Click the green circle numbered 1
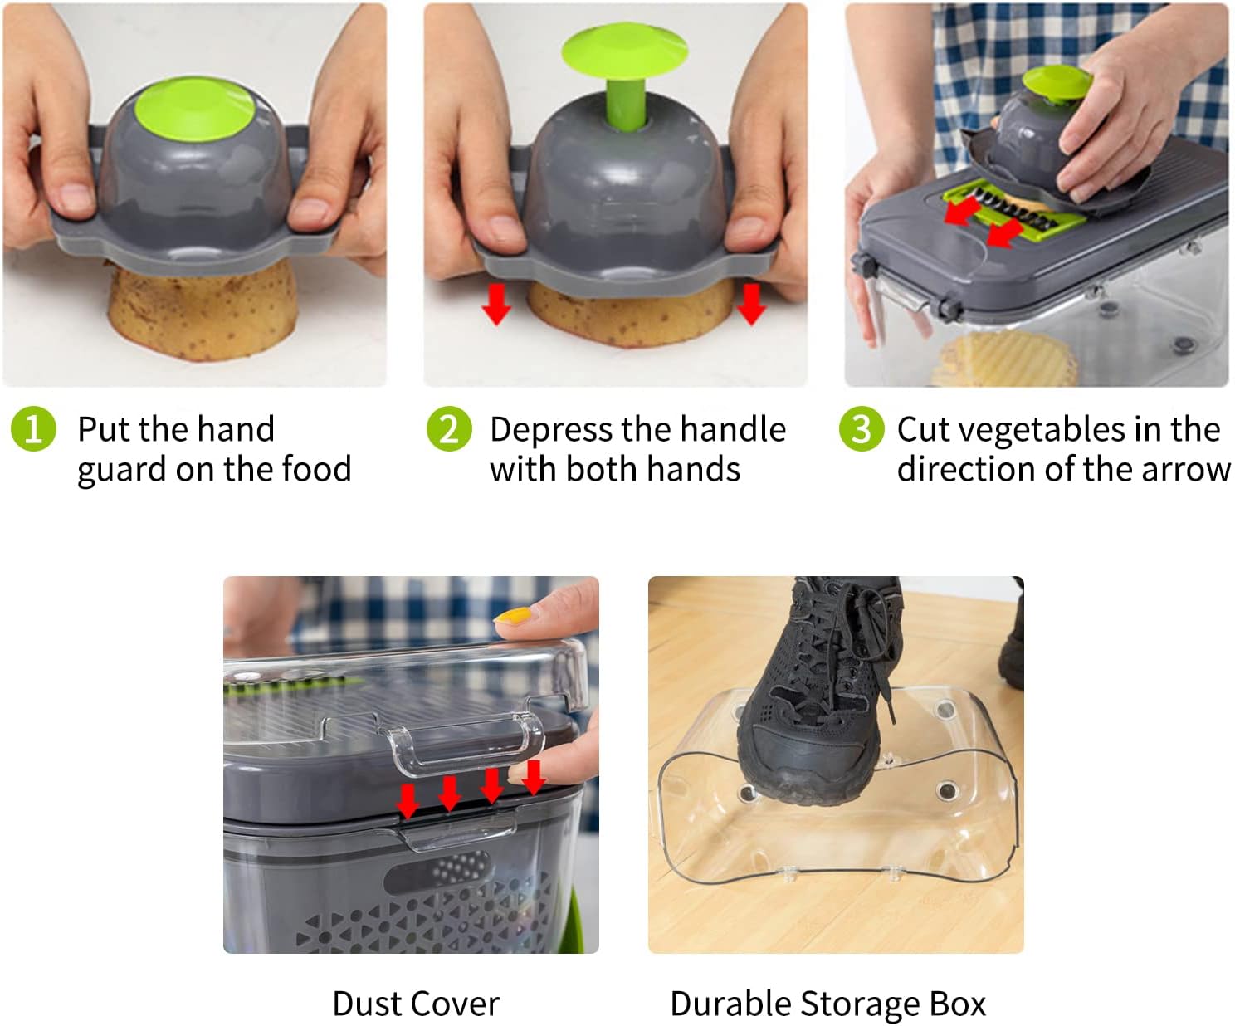[x=33, y=428]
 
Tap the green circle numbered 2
[x=449, y=428]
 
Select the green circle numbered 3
[x=862, y=428]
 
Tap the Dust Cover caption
[x=416, y=1004]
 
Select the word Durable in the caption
[x=731, y=1004]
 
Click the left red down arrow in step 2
[x=496, y=304]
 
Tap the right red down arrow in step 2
[x=751, y=304]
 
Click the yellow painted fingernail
[x=513, y=617]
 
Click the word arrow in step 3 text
[x=1185, y=471]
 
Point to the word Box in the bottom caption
[x=958, y=1004]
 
